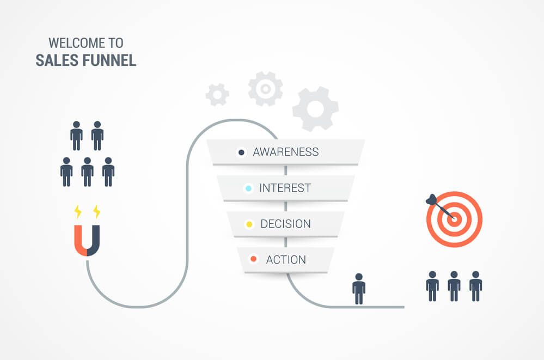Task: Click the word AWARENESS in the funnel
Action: [x=285, y=152]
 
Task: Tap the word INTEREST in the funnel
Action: [x=285, y=188]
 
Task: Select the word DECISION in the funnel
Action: [x=285, y=224]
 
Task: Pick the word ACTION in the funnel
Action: [x=285, y=260]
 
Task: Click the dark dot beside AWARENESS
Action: [x=241, y=152]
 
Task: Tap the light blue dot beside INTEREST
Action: [x=248, y=188]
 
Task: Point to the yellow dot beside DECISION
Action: [x=249, y=224]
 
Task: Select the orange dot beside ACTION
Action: [x=253, y=259]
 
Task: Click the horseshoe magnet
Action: [x=87, y=240]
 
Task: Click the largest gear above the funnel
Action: [x=315, y=109]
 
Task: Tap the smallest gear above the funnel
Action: [x=217, y=95]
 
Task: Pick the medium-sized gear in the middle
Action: [x=265, y=88]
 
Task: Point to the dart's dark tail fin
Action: [x=431, y=199]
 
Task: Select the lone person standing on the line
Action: [x=358, y=288]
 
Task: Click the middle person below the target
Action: [x=454, y=285]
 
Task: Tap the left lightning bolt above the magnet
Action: [x=77, y=211]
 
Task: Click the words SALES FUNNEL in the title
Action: [x=86, y=60]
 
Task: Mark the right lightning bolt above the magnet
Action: [x=97, y=211]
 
